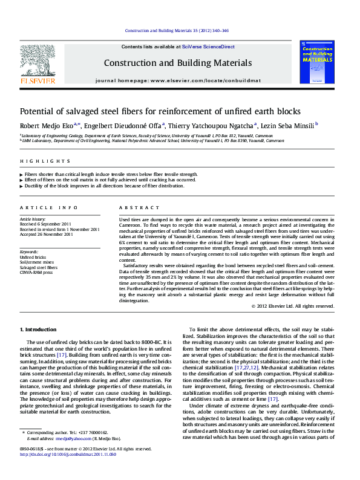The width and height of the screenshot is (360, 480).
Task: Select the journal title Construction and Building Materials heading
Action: tap(177, 63)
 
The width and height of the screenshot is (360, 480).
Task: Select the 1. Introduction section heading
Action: tap(39, 329)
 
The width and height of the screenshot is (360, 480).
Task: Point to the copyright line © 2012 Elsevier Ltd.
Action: tap(292, 306)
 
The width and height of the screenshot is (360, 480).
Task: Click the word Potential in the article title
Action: tap(38, 112)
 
